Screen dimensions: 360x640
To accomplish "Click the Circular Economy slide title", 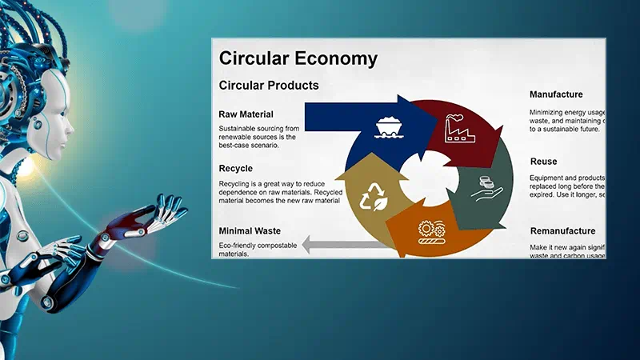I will tap(298, 58).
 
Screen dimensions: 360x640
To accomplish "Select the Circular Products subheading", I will tap(269, 86).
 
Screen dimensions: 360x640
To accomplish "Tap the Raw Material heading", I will tap(246, 114).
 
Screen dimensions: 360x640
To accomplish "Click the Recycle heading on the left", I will tap(236, 169).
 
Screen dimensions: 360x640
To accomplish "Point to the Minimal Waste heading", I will tap(250, 231).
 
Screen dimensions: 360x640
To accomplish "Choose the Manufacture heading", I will tap(556, 94).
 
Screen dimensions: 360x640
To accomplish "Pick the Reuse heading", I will tap(543, 162).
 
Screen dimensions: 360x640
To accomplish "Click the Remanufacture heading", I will tap(562, 231).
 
